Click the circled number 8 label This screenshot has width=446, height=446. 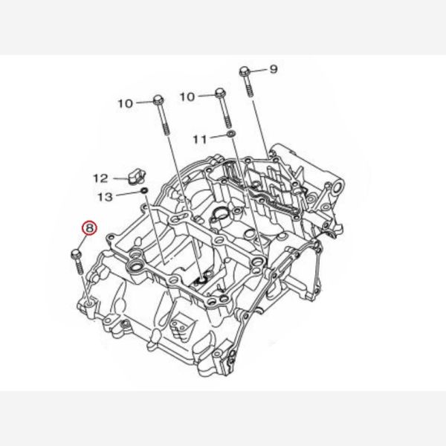coord(90,228)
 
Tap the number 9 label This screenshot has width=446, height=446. coord(273,69)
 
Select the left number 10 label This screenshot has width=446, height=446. coord(126,103)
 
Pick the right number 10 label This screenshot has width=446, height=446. coord(187,97)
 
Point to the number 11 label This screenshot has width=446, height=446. coord(201,140)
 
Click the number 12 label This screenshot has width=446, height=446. coord(101,178)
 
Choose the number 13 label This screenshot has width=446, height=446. coord(105,197)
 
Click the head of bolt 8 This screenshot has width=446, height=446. coord(76,253)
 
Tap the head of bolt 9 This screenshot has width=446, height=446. coord(245,71)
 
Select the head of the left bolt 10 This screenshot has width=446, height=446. coord(158,100)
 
